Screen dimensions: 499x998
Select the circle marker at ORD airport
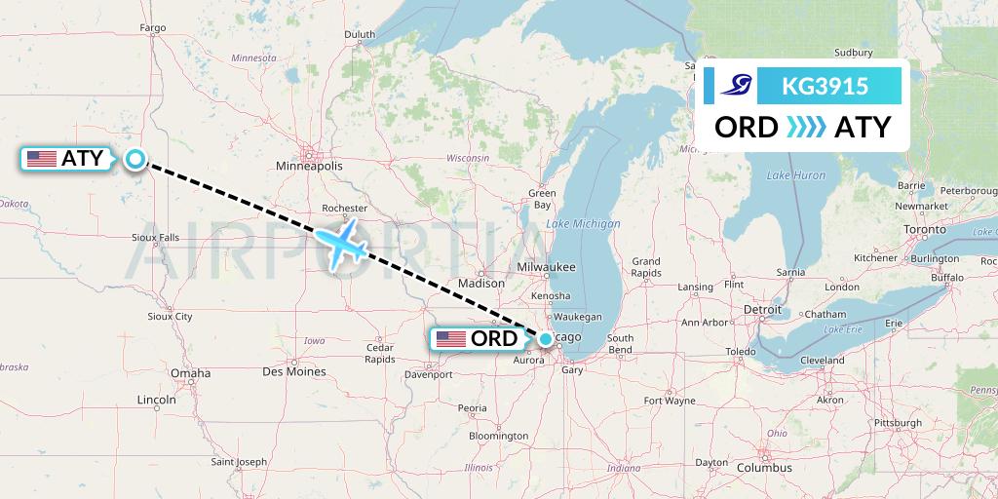click(x=546, y=339)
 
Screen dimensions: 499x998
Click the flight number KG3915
click(x=825, y=87)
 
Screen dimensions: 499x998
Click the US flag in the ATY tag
click(x=42, y=159)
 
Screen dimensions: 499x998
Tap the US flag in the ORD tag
click(x=451, y=339)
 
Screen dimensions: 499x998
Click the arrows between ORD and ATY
click(x=805, y=127)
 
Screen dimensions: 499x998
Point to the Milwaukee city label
click(x=547, y=267)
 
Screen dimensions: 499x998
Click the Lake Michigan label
click(x=583, y=224)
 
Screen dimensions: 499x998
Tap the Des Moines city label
click(x=293, y=371)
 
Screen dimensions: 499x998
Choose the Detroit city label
click(x=762, y=309)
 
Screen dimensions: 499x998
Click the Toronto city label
click(x=925, y=229)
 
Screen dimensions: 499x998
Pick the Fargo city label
click(x=153, y=27)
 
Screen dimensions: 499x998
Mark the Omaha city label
click(x=190, y=372)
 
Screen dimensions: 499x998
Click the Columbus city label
click(x=763, y=468)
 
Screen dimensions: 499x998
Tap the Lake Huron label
click(x=795, y=175)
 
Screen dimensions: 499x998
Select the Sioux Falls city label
click(x=156, y=237)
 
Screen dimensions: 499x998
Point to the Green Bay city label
click(x=542, y=199)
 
